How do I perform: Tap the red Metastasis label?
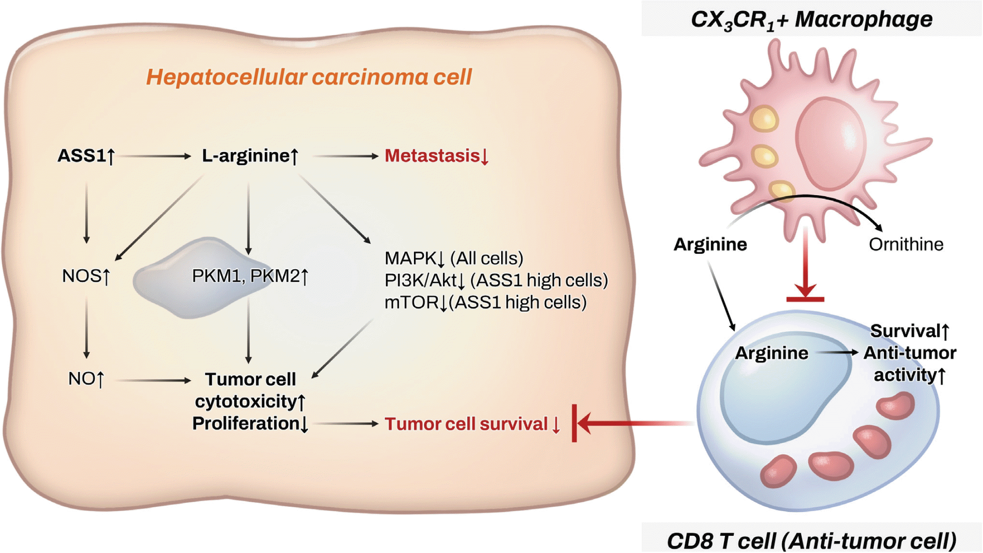436,156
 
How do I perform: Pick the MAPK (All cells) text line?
454,259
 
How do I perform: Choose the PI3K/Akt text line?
496,280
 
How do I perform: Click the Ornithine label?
906,245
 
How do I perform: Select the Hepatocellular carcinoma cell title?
309,77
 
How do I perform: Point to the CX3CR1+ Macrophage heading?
811,20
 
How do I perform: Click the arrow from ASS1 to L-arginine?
154,156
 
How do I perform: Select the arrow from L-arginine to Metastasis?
345,156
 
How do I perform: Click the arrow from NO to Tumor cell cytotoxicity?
154,380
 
